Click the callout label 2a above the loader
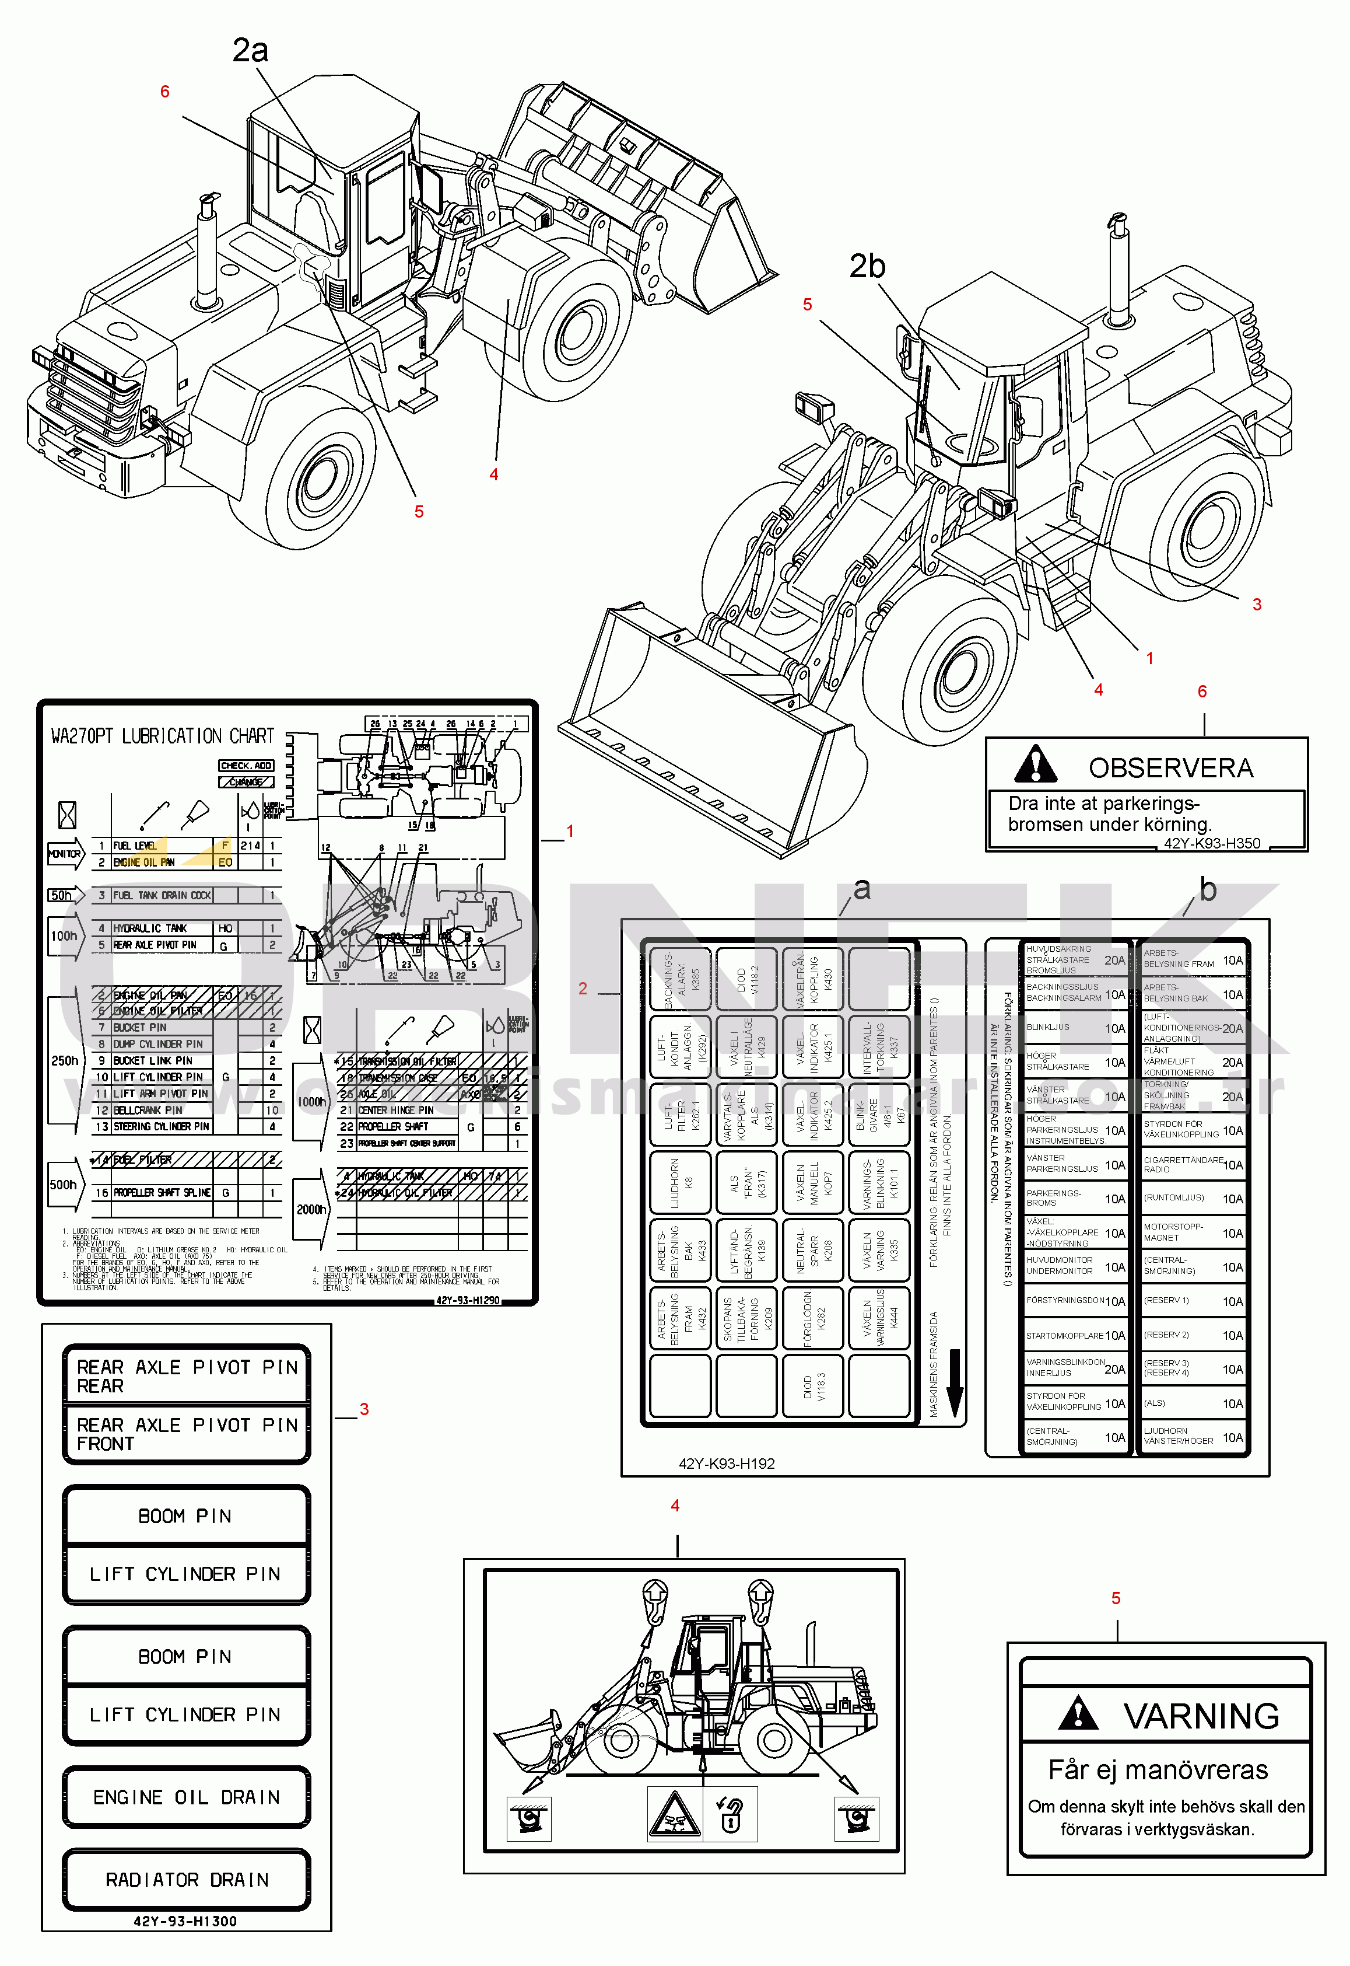click(250, 51)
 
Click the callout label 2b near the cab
click(867, 267)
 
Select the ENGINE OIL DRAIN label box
click(186, 1797)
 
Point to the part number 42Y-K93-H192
click(727, 1464)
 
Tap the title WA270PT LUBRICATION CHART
click(162, 736)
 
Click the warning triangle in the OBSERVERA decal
click(1035, 764)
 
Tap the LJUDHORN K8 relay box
click(679, 1182)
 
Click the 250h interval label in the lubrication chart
click(64, 1060)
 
